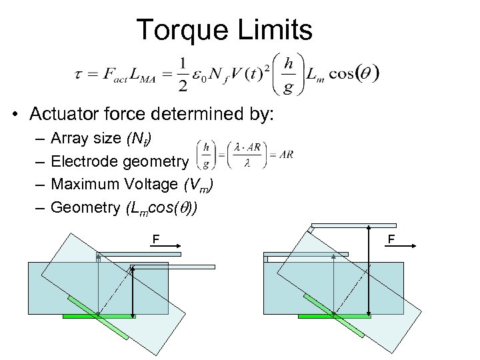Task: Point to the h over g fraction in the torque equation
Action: pos(288,73)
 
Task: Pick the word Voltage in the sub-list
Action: pos(143,185)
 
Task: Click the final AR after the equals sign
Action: pos(284,155)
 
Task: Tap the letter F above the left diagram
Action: pos(155,238)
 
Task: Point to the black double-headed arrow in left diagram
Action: pos(132,290)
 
